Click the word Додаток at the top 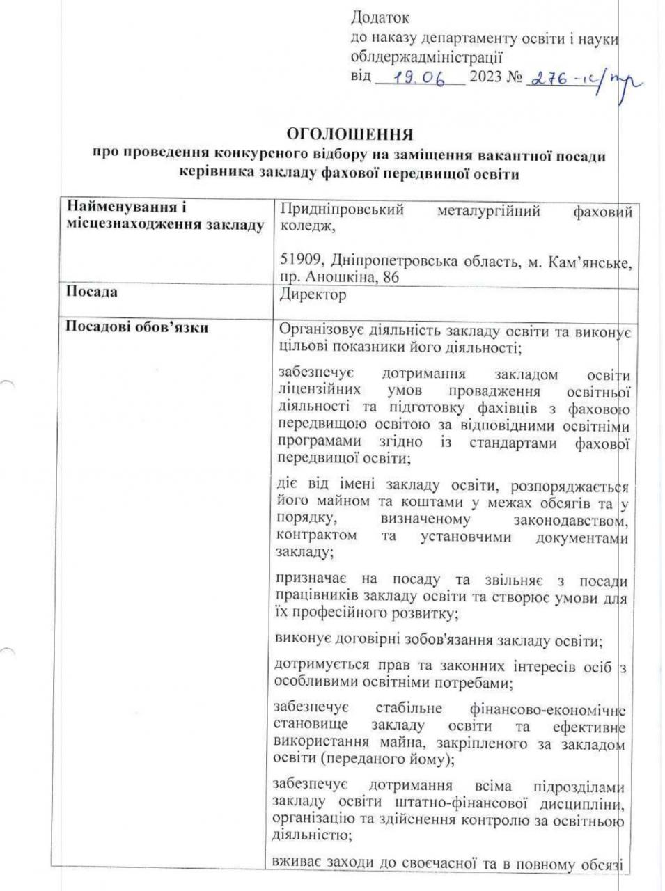click(380, 17)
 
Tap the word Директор click(312, 295)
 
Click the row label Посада click(91, 292)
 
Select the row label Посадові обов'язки click(136, 326)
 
